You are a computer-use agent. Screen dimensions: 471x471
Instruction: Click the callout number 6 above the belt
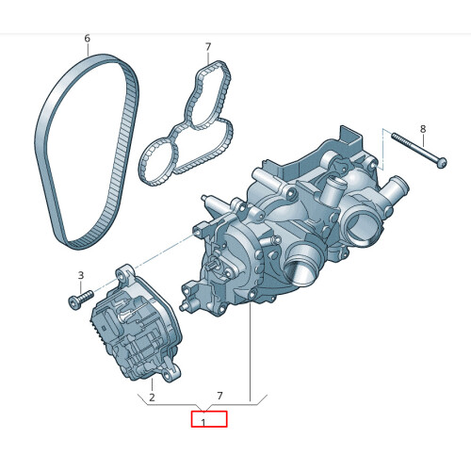click(x=87, y=39)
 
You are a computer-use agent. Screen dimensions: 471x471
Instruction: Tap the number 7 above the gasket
click(x=208, y=46)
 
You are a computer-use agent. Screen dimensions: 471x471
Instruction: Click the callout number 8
click(x=422, y=128)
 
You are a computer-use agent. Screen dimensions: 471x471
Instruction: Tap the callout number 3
click(x=81, y=276)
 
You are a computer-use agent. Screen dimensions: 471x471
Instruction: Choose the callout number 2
click(x=151, y=385)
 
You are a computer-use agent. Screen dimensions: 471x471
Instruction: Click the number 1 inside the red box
click(x=203, y=422)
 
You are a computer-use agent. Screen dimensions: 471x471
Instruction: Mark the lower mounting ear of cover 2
click(x=170, y=378)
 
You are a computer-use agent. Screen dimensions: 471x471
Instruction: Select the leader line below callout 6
click(x=87, y=52)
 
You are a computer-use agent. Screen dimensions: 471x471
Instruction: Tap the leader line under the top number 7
click(x=207, y=58)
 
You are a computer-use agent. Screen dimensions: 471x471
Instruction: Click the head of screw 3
click(x=72, y=302)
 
